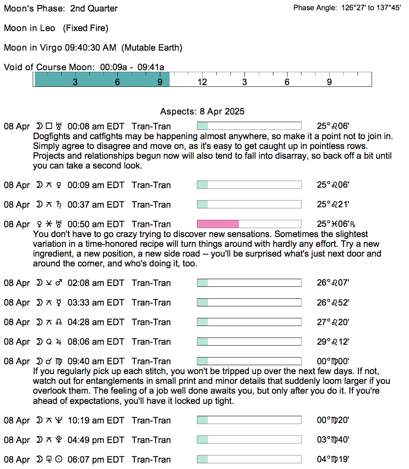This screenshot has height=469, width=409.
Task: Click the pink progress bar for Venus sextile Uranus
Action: tap(218, 224)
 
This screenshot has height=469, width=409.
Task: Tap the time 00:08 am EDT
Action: tap(96, 126)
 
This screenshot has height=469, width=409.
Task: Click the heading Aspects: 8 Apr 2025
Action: tap(202, 112)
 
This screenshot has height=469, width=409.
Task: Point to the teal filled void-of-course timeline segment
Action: tap(102, 80)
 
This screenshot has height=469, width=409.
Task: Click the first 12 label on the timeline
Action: tap(202, 82)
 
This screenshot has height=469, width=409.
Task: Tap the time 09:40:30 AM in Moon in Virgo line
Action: tap(90, 48)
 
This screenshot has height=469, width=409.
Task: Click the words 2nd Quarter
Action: tap(94, 9)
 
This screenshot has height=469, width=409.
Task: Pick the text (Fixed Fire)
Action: tap(85, 28)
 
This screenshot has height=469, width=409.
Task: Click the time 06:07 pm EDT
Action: tap(96, 460)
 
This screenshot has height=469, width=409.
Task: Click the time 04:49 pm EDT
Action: tap(96, 440)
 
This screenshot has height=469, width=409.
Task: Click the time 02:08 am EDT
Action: tap(96, 283)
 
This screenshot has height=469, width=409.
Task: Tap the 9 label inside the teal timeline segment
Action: tap(160, 82)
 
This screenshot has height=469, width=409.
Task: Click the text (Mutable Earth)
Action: tap(152, 48)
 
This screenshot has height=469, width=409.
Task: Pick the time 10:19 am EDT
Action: tap(96, 420)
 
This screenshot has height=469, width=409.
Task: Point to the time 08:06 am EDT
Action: tap(96, 342)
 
